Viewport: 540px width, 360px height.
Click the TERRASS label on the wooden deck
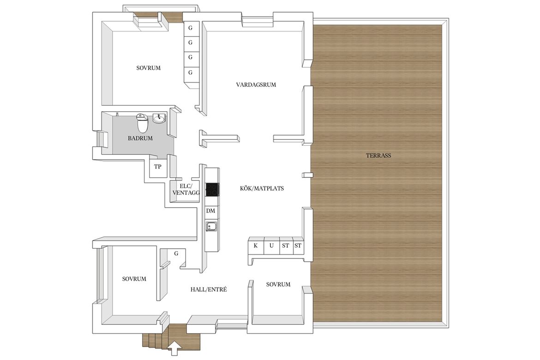tap(378, 156)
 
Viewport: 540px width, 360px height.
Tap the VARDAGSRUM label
tap(256, 85)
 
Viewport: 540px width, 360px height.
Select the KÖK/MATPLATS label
tap(262, 188)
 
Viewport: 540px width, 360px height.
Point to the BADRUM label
tap(140, 138)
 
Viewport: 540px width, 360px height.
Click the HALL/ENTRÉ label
tap(209, 290)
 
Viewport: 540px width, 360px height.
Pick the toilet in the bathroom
tap(142, 123)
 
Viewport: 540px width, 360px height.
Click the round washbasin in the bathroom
tap(159, 119)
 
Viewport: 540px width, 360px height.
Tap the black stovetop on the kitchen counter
tap(212, 190)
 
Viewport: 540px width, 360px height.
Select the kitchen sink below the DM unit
tap(211, 226)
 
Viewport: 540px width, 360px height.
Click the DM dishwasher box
tap(211, 211)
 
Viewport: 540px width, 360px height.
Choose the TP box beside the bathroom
tap(157, 167)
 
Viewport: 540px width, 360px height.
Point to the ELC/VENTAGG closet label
tap(186, 190)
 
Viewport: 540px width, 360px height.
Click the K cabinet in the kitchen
tap(256, 246)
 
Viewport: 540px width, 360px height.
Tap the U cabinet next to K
tap(271, 246)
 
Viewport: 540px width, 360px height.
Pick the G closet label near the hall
tap(176, 253)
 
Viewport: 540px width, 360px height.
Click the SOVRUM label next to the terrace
tap(278, 285)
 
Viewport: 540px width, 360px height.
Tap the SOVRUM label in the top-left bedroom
tap(149, 68)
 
